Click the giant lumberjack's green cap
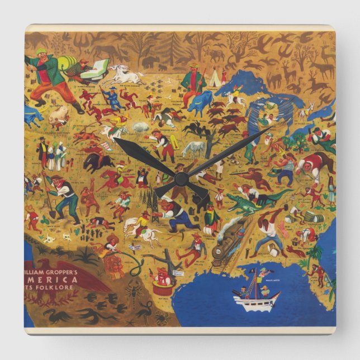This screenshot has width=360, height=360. click(x=41, y=52)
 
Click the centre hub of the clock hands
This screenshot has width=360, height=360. click(x=180, y=179)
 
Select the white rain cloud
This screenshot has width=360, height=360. click(x=140, y=127)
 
